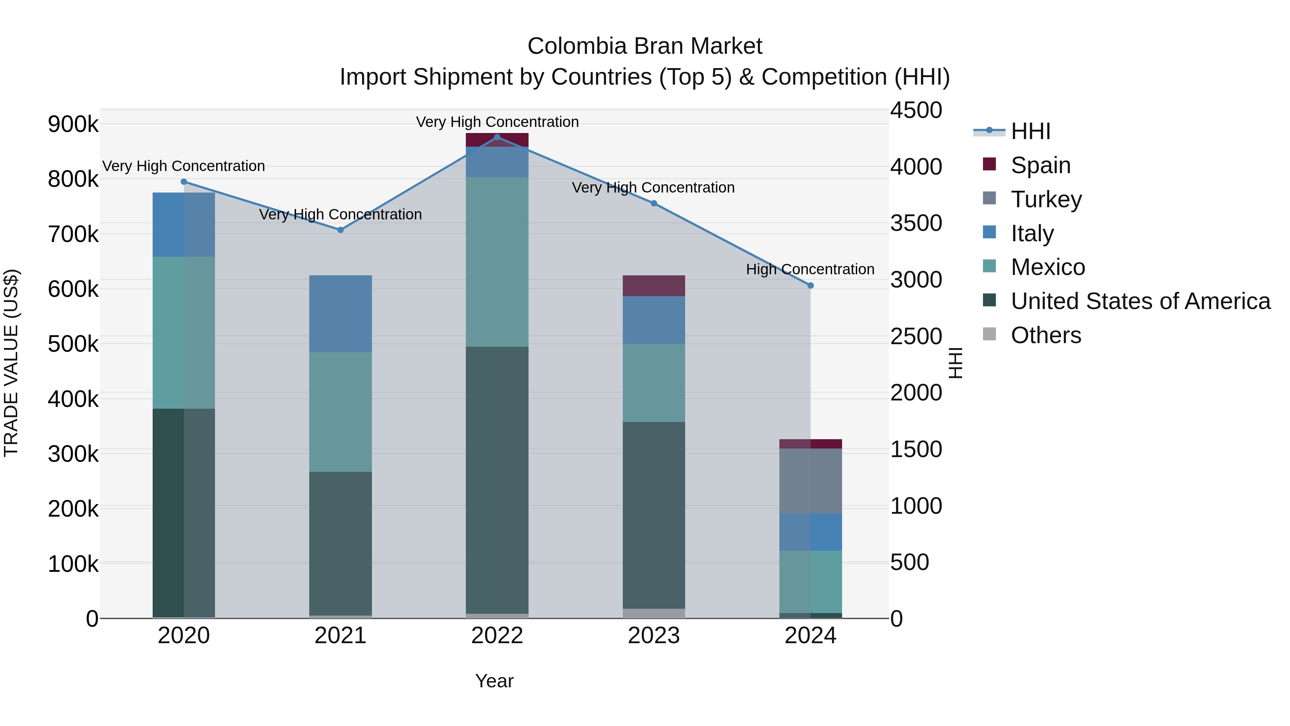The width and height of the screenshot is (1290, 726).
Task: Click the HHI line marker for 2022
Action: click(497, 137)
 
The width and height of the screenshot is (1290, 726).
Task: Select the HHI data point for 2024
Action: click(810, 286)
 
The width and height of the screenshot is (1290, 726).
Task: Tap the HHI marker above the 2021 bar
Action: click(340, 230)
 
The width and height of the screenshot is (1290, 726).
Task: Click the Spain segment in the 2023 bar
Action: click(654, 286)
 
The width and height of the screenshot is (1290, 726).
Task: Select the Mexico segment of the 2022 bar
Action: click(497, 262)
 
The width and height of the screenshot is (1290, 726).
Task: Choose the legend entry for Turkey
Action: click(1046, 199)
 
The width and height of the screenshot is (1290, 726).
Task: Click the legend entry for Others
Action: click(1046, 335)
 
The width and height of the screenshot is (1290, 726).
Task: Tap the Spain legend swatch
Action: click(989, 164)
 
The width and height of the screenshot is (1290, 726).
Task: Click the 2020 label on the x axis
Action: click(184, 636)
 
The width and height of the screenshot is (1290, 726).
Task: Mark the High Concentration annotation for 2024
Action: click(810, 270)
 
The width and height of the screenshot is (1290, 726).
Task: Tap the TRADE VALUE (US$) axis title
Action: click(11, 363)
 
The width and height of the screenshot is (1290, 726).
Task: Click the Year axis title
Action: click(494, 681)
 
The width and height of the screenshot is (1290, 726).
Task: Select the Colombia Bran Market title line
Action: click(645, 46)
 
